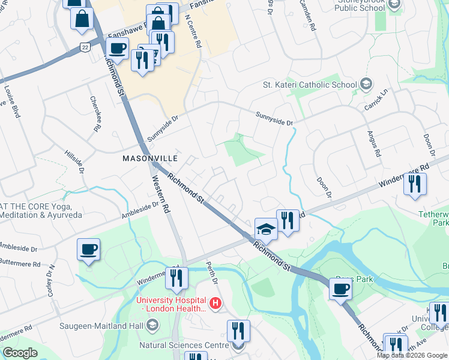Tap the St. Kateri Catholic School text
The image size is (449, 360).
click(310, 85)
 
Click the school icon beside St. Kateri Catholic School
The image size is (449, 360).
click(366, 85)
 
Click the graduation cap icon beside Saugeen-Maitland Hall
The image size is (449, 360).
click(152, 326)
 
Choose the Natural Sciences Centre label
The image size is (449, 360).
click(183, 345)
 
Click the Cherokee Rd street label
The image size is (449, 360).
click(95, 114)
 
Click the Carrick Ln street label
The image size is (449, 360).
click(376, 95)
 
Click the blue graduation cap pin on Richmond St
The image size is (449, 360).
click(265, 230)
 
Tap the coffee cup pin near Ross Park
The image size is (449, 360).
click(341, 290)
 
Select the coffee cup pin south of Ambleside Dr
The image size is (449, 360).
click(89, 250)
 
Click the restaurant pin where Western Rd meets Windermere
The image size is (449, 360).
click(176, 278)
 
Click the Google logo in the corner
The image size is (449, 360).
click(20, 353)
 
